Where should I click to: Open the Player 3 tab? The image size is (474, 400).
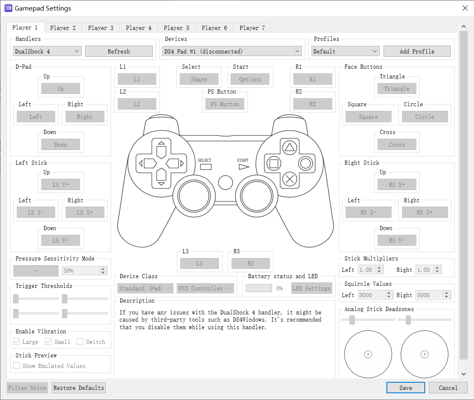tap(101, 28)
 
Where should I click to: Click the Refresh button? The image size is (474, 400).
tap(119, 51)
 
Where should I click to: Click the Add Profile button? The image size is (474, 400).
tap(417, 51)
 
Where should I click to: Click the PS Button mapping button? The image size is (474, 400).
tap(225, 105)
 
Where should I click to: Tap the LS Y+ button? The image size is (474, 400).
tap(61, 185)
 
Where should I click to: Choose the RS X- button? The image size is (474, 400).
tap(368, 212)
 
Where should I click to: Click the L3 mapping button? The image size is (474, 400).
tap(200, 263)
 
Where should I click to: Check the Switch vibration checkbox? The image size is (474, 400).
tap(80, 341)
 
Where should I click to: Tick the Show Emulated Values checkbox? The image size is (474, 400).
tap(16, 365)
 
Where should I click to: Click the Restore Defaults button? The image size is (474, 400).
tap(79, 388)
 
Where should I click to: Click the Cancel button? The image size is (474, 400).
tap(448, 388)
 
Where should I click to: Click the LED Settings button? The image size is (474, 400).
tap(312, 288)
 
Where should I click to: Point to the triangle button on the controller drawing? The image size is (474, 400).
tap(290, 148)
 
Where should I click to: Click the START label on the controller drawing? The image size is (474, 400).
tap(242, 160)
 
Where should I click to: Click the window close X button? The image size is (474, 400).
tap(465, 8)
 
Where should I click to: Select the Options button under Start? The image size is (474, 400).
tap(250, 79)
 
